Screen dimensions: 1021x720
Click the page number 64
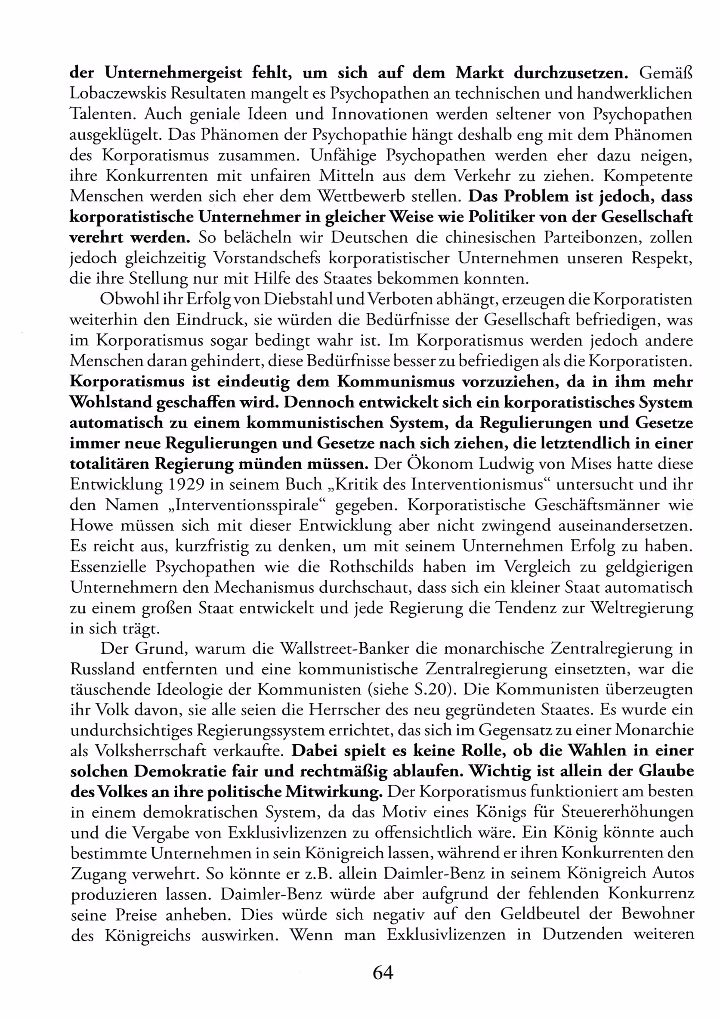point(383,972)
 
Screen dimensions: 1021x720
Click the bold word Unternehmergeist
point(173,72)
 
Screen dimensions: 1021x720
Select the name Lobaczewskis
point(117,93)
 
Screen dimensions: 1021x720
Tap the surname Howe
point(91,526)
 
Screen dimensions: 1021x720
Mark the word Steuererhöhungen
point(627,812)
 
